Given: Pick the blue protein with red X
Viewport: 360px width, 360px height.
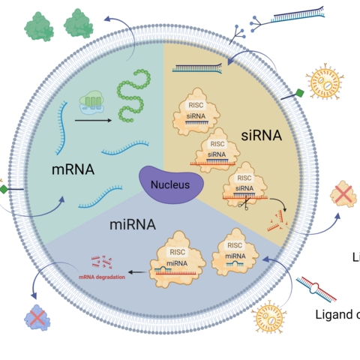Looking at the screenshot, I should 36,318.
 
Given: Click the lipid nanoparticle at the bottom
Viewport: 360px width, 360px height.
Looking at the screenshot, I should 271,318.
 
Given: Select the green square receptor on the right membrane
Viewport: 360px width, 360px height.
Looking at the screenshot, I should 298,94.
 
